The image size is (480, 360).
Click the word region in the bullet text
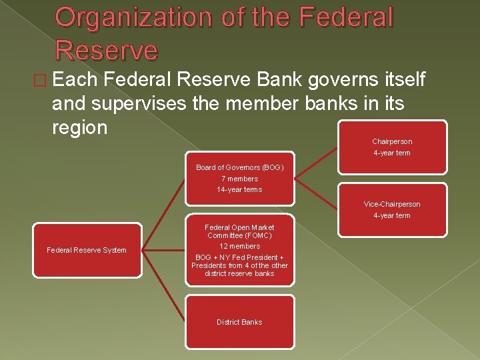click(x=79, y=127)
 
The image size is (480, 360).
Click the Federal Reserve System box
click(x=87, y=250)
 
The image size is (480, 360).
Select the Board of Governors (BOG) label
click(x=240, y=167)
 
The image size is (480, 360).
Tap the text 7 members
click(x=240, y=179)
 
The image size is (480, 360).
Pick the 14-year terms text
click(x=240, y=189)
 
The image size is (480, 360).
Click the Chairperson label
click(x=392, y=141)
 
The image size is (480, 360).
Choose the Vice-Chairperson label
click(x=392, y=204)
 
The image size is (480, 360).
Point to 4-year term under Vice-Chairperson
click(x=392, y=215)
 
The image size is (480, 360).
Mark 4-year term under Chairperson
click(x=392, y=153)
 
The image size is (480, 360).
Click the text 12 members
click(x=240, y=246)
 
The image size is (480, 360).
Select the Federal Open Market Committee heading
click(x=240, y=231)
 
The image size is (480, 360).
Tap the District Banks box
click(x=239, y=322)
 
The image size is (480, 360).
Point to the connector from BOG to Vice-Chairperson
click(x=316, y=193)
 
